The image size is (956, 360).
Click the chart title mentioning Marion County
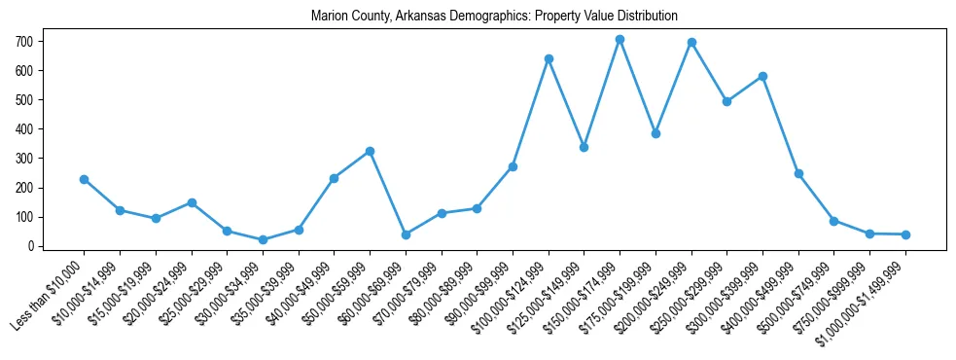[x=494, y=17]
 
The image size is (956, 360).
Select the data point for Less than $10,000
[x=85, y=179]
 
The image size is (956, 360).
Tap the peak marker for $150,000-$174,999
[x=620, y=40]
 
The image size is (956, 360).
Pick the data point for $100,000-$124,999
[x=549, y=58]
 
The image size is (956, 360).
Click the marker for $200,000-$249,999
[x=691, y=43]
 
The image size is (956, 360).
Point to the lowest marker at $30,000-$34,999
[x=263, y=239]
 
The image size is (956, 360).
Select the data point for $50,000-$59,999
[x=370, y=151]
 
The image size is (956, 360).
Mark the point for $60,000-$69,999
[x=406, y=234]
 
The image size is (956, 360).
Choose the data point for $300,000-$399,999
[x=762, y=76]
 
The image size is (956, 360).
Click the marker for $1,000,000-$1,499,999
[x=905, y=234]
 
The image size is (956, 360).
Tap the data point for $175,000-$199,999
[x=655, y=133]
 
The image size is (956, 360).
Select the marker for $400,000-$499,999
[x=798, y=173]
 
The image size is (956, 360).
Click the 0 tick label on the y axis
[x=31, y=246]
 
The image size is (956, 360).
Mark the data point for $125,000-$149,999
[x=584, y=147]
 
